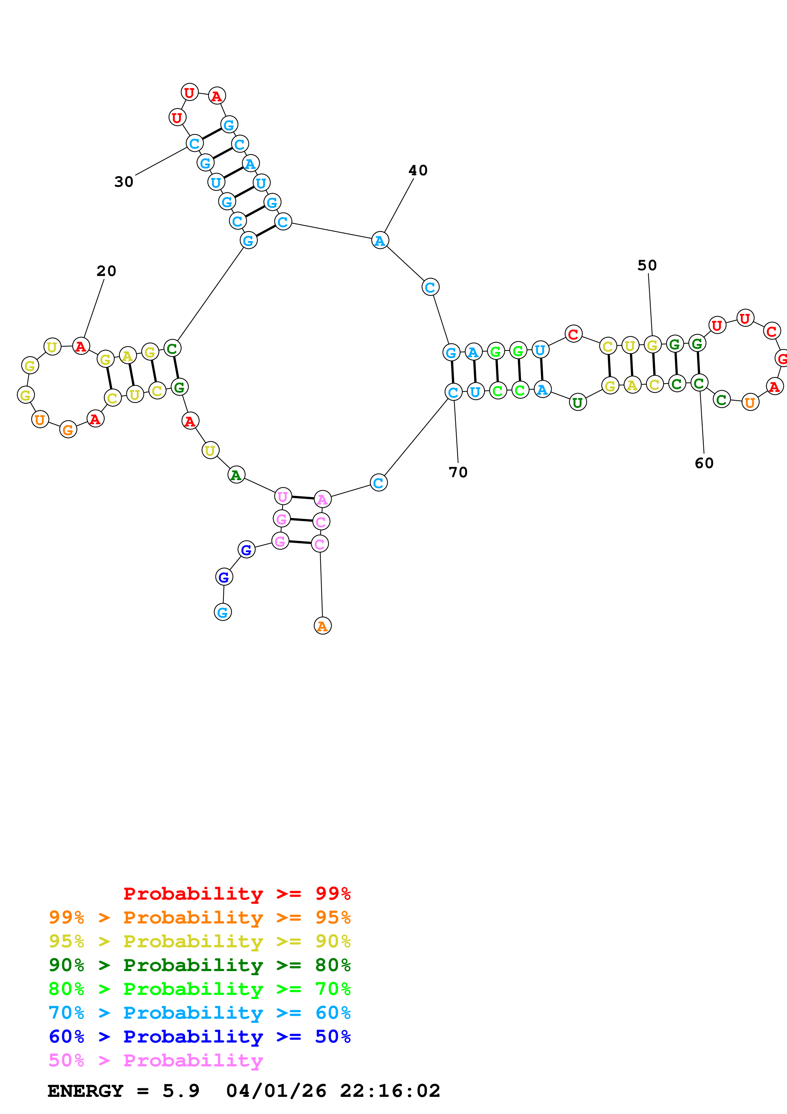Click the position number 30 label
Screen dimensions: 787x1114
pos(123,182)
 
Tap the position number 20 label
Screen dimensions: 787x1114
pos(106,271)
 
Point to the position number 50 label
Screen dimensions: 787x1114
pos(647,265)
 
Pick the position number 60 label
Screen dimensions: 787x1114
pos(704,463)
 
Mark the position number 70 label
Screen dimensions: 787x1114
pos(458,472)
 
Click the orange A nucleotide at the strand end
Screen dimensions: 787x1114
pos(323,626)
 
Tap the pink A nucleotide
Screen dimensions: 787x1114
pos(323,499)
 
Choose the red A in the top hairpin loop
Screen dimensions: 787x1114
pos(217,96)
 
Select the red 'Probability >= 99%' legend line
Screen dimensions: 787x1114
pos(237,893)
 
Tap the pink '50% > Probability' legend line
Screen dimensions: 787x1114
pos(156,1060)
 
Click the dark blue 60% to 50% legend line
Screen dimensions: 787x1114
pos(199,1037)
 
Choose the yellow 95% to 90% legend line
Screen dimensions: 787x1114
pos(199,941)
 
